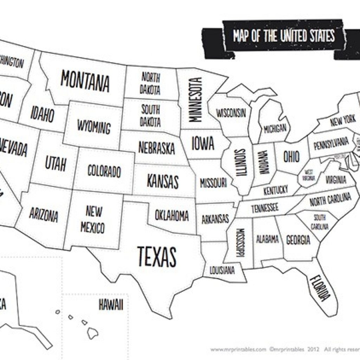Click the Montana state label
point(85,81)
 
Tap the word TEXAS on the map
point(156,256)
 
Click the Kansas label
point(162,181)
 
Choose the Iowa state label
point(202,143)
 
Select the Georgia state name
point(298,240)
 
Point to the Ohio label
point(291,156)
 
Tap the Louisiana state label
point(222,270)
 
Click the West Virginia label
point(309,175)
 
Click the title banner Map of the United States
point(283,37)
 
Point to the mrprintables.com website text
point(238,349)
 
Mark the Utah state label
point(55,163)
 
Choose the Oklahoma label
point(172,215)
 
